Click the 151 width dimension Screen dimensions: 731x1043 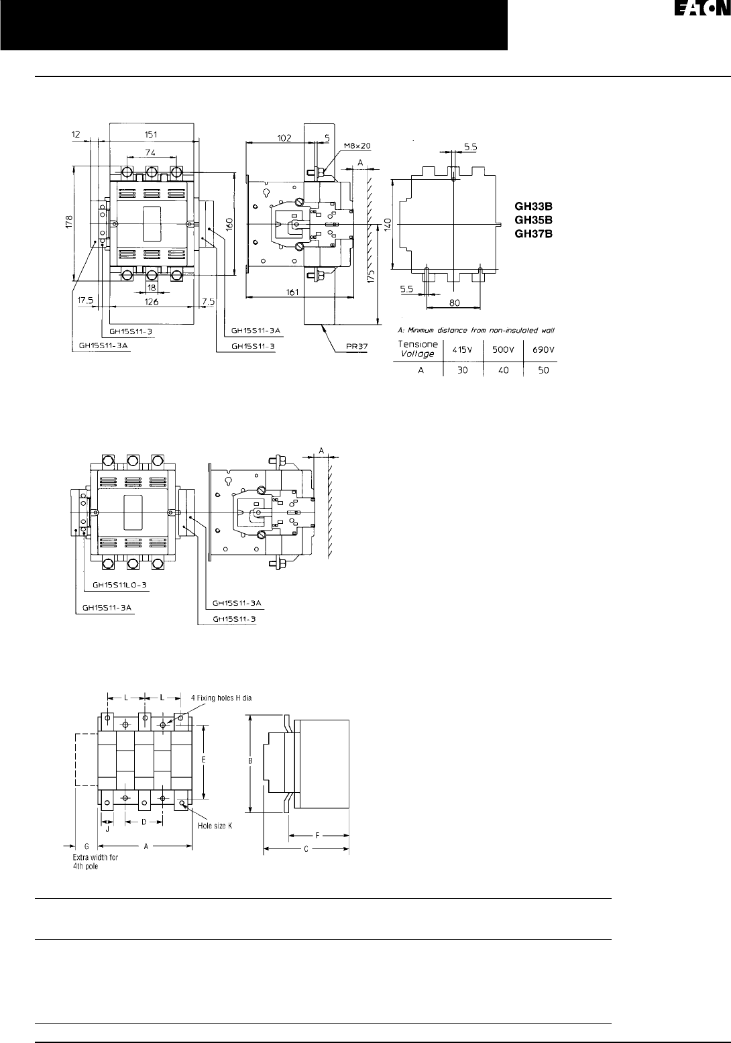[x=151, y=134]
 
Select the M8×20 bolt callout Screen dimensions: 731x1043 [x=357, y=146]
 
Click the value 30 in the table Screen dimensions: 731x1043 [x=463, y=370]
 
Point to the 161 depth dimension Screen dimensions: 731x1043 [x=291, y=291]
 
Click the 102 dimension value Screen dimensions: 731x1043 [x=284, y=138]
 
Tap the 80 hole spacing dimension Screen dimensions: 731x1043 [x=454, y=303]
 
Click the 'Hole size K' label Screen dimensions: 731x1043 [x=215, y=826]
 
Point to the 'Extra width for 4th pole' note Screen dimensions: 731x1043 [x=95, y=861]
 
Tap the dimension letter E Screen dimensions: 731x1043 [x=203, y=759]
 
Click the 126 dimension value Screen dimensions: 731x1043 [x=151, y=303]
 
